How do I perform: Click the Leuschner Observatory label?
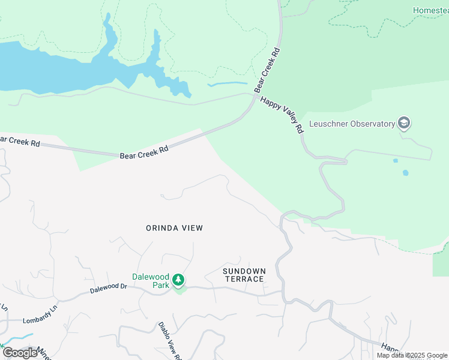[x=352, y=124]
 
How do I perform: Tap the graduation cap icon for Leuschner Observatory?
[x=404, y=124]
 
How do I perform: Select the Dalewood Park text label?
[x=151, y=281]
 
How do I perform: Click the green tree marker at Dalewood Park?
[x=178, y=280]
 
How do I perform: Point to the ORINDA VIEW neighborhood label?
[x=175, y=228]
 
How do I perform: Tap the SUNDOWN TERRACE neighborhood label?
[x=243, y=275]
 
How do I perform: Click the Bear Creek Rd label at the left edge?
[x=19, y=142]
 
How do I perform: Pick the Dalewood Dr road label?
[x=109, y=289]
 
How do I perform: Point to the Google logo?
[x=20, y=353]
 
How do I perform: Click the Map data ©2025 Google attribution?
[x=412, y=355]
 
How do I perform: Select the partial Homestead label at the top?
[x=430, y=10]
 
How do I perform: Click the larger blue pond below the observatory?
[x=406, y=173]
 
